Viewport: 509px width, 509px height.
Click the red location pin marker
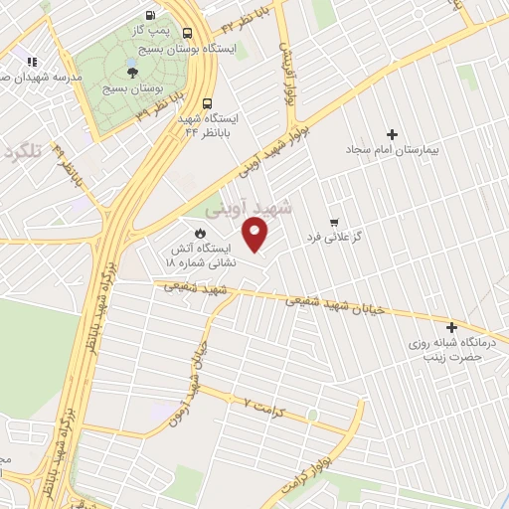[x=255, y=236]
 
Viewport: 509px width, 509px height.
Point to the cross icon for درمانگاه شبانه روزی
[x=452, y=326]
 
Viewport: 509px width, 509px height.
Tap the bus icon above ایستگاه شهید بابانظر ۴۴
[x=207, y=102]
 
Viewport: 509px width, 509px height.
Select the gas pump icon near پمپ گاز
[x=149, y=15]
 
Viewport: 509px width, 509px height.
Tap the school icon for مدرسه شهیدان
[x=32, y=63]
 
